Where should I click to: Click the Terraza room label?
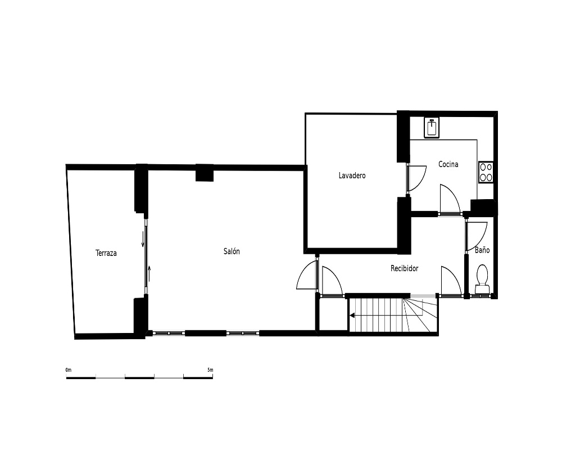click(106, 253)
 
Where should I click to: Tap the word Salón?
click(232, 251)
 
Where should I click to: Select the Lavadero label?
click(352, 175)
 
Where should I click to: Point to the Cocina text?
click(448, 164)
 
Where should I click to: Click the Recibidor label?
click(404, 268)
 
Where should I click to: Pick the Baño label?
click(482, 250)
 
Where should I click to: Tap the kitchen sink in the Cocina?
click(432, 127)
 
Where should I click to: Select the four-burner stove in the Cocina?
click(486, 172)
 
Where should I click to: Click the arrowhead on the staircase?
click(352, 316)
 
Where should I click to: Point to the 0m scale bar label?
click(69, 370)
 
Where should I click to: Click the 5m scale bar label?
click(210, 370)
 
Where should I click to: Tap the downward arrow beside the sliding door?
click(143, 239)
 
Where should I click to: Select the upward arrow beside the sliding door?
click(149, 273)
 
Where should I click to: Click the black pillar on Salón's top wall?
click(205, 173)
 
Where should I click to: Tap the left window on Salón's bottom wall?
click(169, 334)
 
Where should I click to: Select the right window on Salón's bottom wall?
click(243, 334)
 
